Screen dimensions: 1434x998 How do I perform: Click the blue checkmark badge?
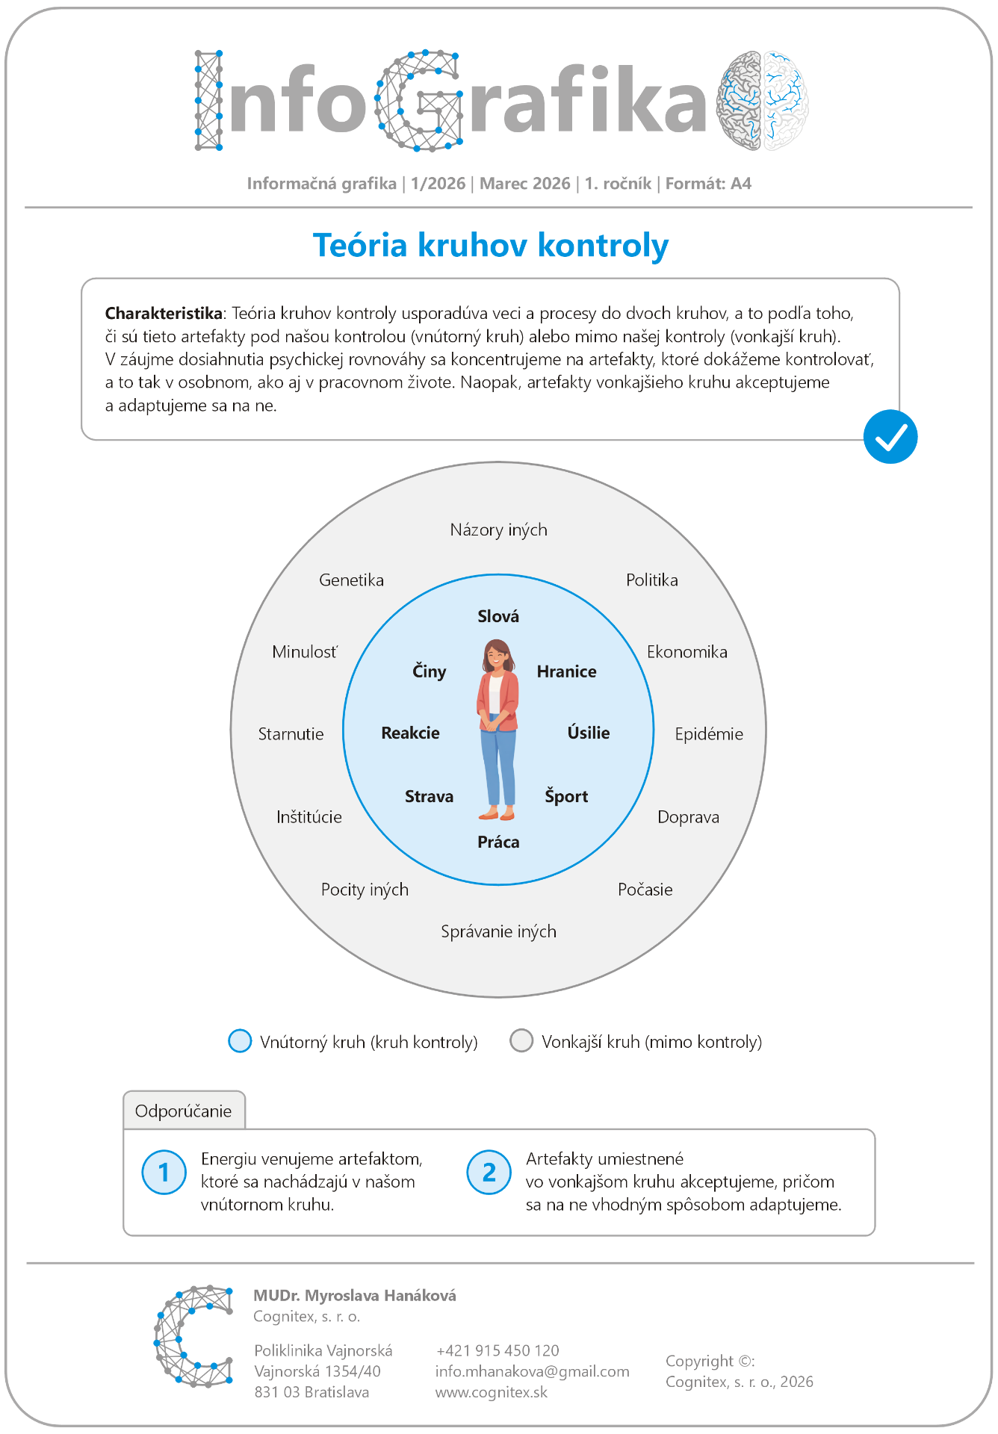click(x=890, y=437)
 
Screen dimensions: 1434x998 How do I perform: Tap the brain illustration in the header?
click(x=762, y=101)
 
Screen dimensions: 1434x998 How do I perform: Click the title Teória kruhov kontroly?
click(x=491, y=245)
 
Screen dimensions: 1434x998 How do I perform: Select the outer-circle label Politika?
click(x=651, y=580)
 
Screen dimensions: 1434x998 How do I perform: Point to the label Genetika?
click(x=351, y=580)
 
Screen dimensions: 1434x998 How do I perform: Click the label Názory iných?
click(x=498, y=530)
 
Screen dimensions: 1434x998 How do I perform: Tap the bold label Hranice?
click(x=566, y=671)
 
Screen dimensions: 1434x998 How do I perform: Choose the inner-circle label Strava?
click(x=429, y=796)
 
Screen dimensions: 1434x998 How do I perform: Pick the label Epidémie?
click(x=708, y=734)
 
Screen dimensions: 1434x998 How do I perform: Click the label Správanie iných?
click(x=498, y=931)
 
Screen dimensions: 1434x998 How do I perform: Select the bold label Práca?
click(x=498, y=842)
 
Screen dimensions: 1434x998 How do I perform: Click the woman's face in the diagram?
click(x=496, y=656)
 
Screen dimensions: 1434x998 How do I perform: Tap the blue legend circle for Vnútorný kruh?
click(x=240, y=1040)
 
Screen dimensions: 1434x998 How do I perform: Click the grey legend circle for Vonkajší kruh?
click(x=521, y=1040)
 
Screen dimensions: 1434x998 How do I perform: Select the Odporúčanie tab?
click(x=184, y=1111)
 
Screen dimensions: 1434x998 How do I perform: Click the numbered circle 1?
click(x=164, y=1172)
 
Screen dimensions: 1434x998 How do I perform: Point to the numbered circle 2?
click(x=489, y=1172)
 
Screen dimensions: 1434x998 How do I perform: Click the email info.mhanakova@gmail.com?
click(x=532, y=1371)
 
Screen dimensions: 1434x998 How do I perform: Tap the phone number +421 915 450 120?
click(x=498, y=1350)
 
